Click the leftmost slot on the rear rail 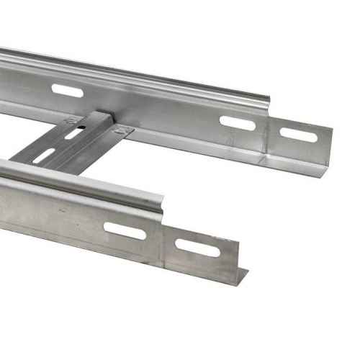pos(66,91)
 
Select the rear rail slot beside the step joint pos(238,123)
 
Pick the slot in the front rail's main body pos(125,230)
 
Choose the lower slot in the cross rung pos(45,155)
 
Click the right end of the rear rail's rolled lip pos(268,101)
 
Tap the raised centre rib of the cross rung pos(61,144)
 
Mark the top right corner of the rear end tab pos(332,130)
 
